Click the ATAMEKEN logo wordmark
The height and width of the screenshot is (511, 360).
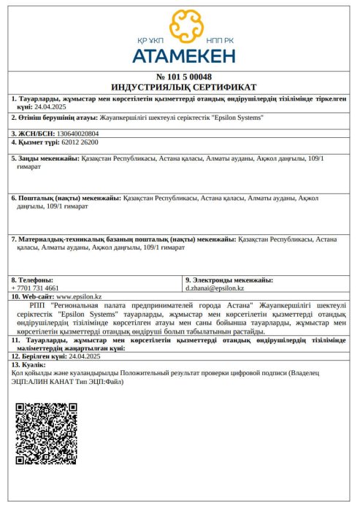pyautogui.click(x=183, y=55)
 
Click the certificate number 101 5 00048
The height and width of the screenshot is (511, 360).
pyautogui.click(x=184, y=77)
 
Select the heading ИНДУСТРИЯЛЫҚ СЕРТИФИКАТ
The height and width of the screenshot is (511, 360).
pyautogui.click(x=184, y=86)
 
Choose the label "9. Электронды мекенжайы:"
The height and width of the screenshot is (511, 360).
pyautogui.click(x=229, y=280)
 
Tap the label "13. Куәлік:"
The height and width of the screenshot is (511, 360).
pyautogui.click(x=28, y=364)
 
